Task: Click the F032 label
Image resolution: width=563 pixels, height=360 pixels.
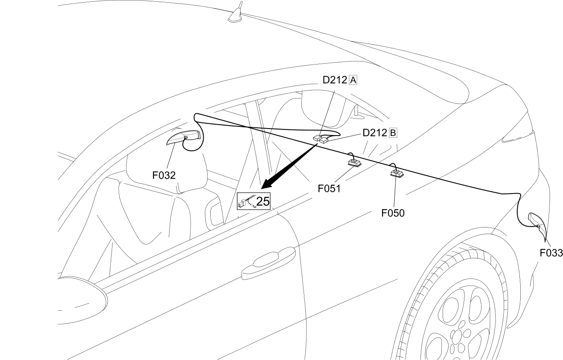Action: [164, 175]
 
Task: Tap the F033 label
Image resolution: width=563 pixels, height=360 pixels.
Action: [551, 253]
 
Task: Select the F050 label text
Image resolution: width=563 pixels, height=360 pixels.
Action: [393, 213]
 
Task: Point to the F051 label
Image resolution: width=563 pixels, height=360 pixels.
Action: [329, 188]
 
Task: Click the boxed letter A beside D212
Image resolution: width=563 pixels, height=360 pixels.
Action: [353, 80]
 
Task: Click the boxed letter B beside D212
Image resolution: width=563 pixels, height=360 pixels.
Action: [393, 132]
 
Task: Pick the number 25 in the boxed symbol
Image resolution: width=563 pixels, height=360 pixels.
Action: [263, 201]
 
